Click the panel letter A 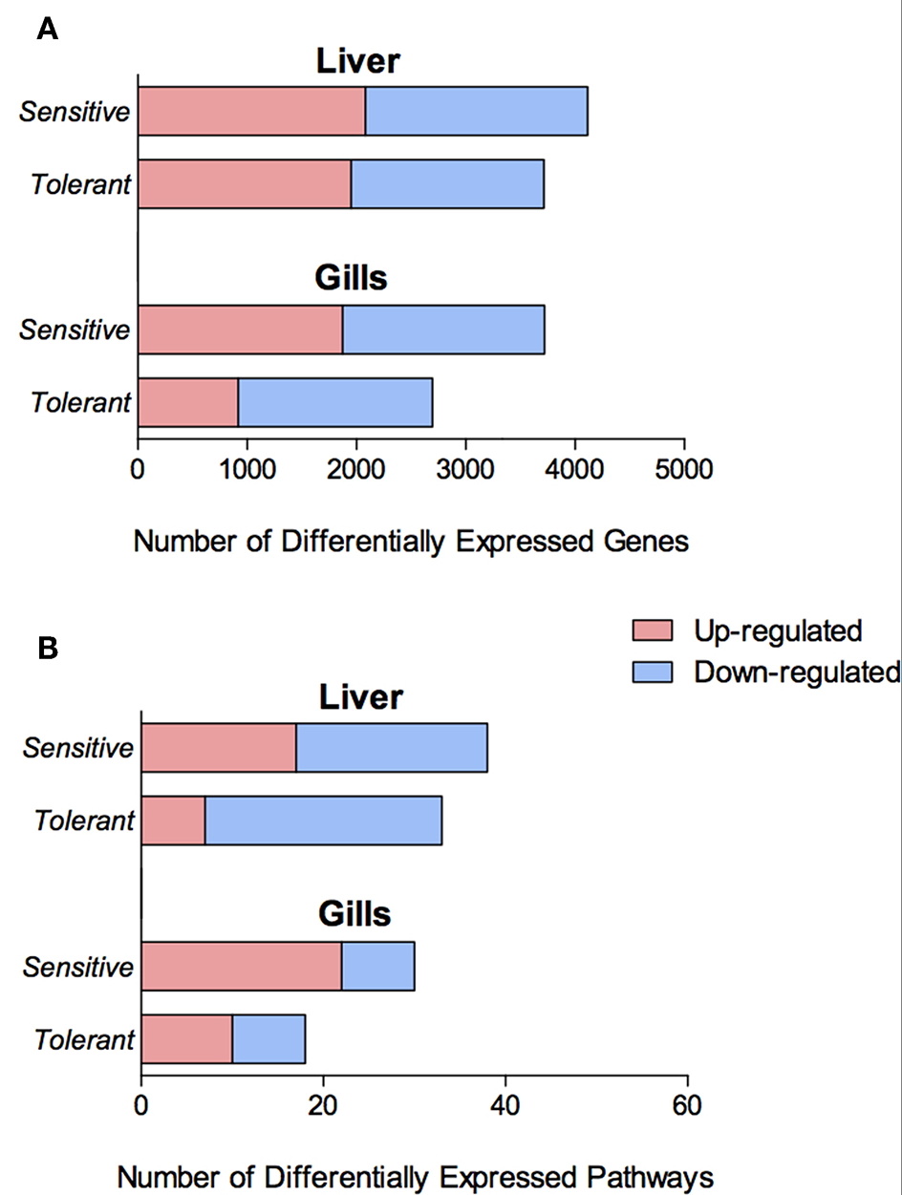47,30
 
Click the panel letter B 48,649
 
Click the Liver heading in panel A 357,62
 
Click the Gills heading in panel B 354,914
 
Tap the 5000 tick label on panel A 683,470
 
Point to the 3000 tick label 465,470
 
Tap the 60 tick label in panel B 687,1105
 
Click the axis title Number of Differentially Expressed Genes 411,542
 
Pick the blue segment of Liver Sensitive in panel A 476,111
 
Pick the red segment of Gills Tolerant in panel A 188,402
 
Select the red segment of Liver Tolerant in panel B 173,821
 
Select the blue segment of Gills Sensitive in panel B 377,967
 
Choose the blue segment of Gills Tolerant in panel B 268,1038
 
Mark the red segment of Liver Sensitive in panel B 219,747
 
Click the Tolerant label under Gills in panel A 80,402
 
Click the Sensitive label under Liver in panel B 78,747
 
